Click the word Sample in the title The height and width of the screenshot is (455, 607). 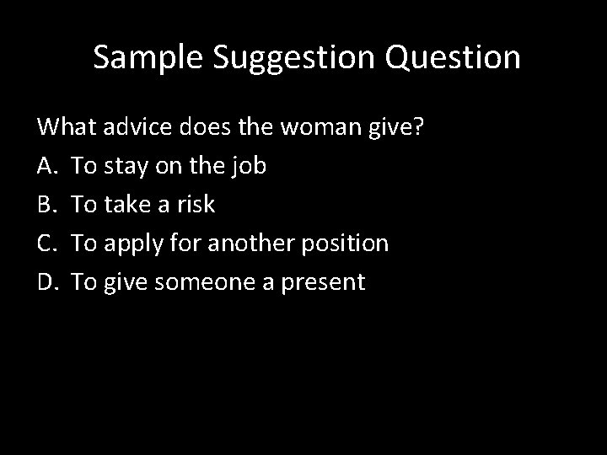[x=150, y=57]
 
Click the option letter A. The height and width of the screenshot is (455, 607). [x=46, y=166]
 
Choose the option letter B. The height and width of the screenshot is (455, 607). [x=46, y=205]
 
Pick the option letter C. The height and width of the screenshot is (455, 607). [x=46, y=244]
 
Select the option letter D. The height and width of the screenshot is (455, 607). [x=47, y=282]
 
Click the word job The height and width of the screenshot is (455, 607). [x=249, y=167]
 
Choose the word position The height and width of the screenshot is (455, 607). [x=347, y=244]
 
